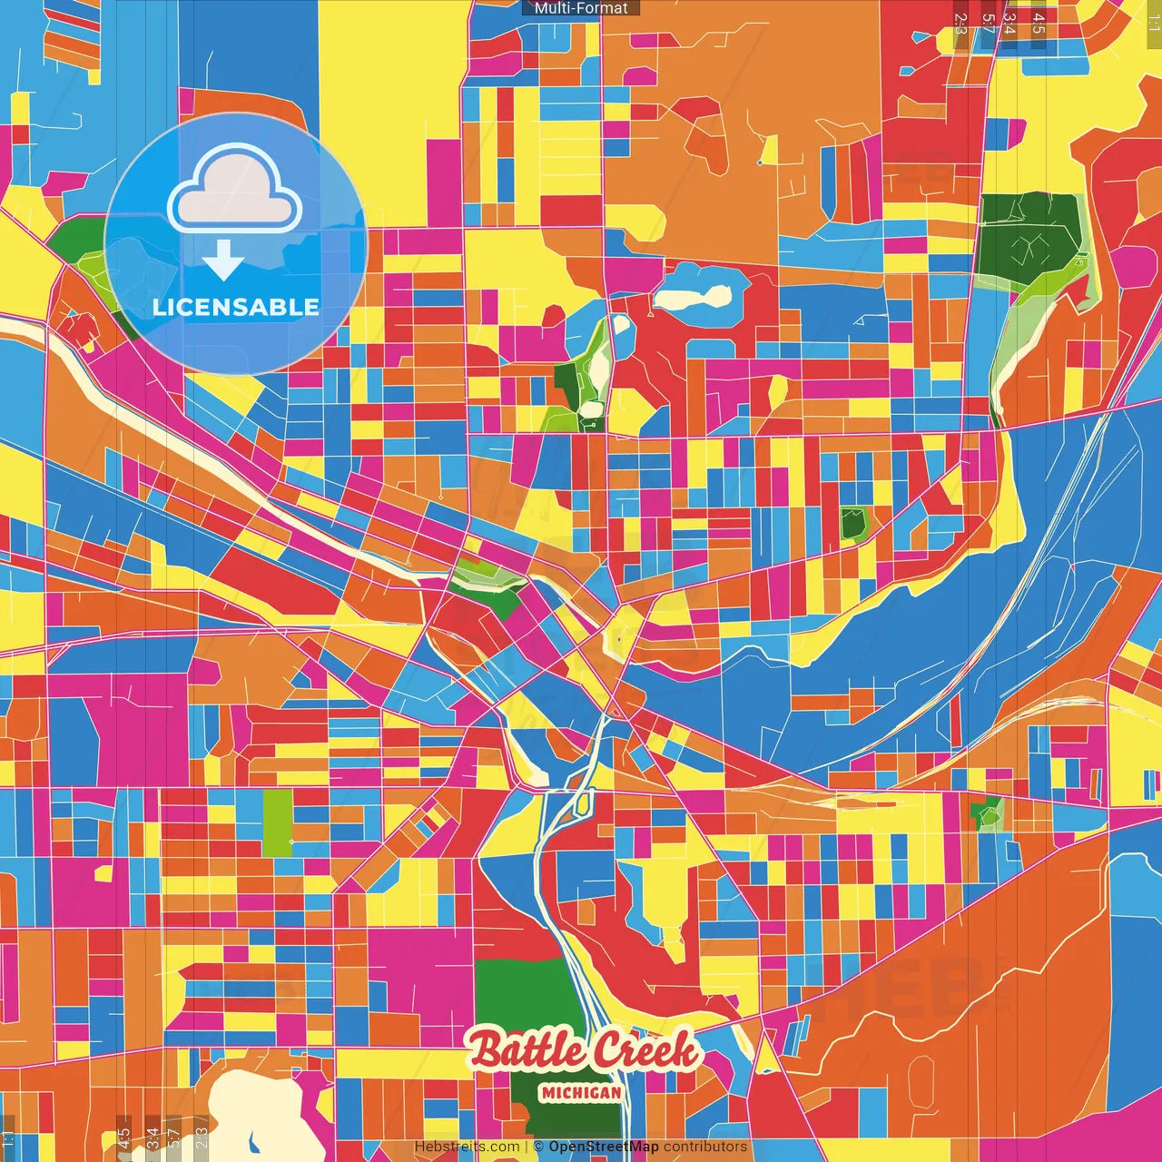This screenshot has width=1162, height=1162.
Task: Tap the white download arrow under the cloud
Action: tap(222, 261)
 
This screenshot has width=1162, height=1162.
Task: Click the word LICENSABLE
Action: tap(235, 307)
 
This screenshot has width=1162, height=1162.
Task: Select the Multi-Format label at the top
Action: tap(581, 8)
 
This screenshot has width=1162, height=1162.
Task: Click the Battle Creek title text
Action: tap(583, 1051)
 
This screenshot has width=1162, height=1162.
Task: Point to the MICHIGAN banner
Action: tap(581, 1093)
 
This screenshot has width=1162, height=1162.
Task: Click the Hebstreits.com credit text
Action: tap(467, 1147)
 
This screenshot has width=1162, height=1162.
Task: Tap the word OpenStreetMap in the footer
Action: tap(603, 1147)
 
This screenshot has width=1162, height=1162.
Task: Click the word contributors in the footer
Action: tap(705, 1147)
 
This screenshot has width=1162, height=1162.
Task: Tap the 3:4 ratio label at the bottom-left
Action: tap(153, 1138)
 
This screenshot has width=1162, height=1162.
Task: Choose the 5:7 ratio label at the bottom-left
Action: tap(174, 1138)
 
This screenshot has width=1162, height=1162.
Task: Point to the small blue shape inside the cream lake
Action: tap(251, 1140)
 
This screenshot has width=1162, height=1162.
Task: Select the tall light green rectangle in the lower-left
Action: tap(278, 822)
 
